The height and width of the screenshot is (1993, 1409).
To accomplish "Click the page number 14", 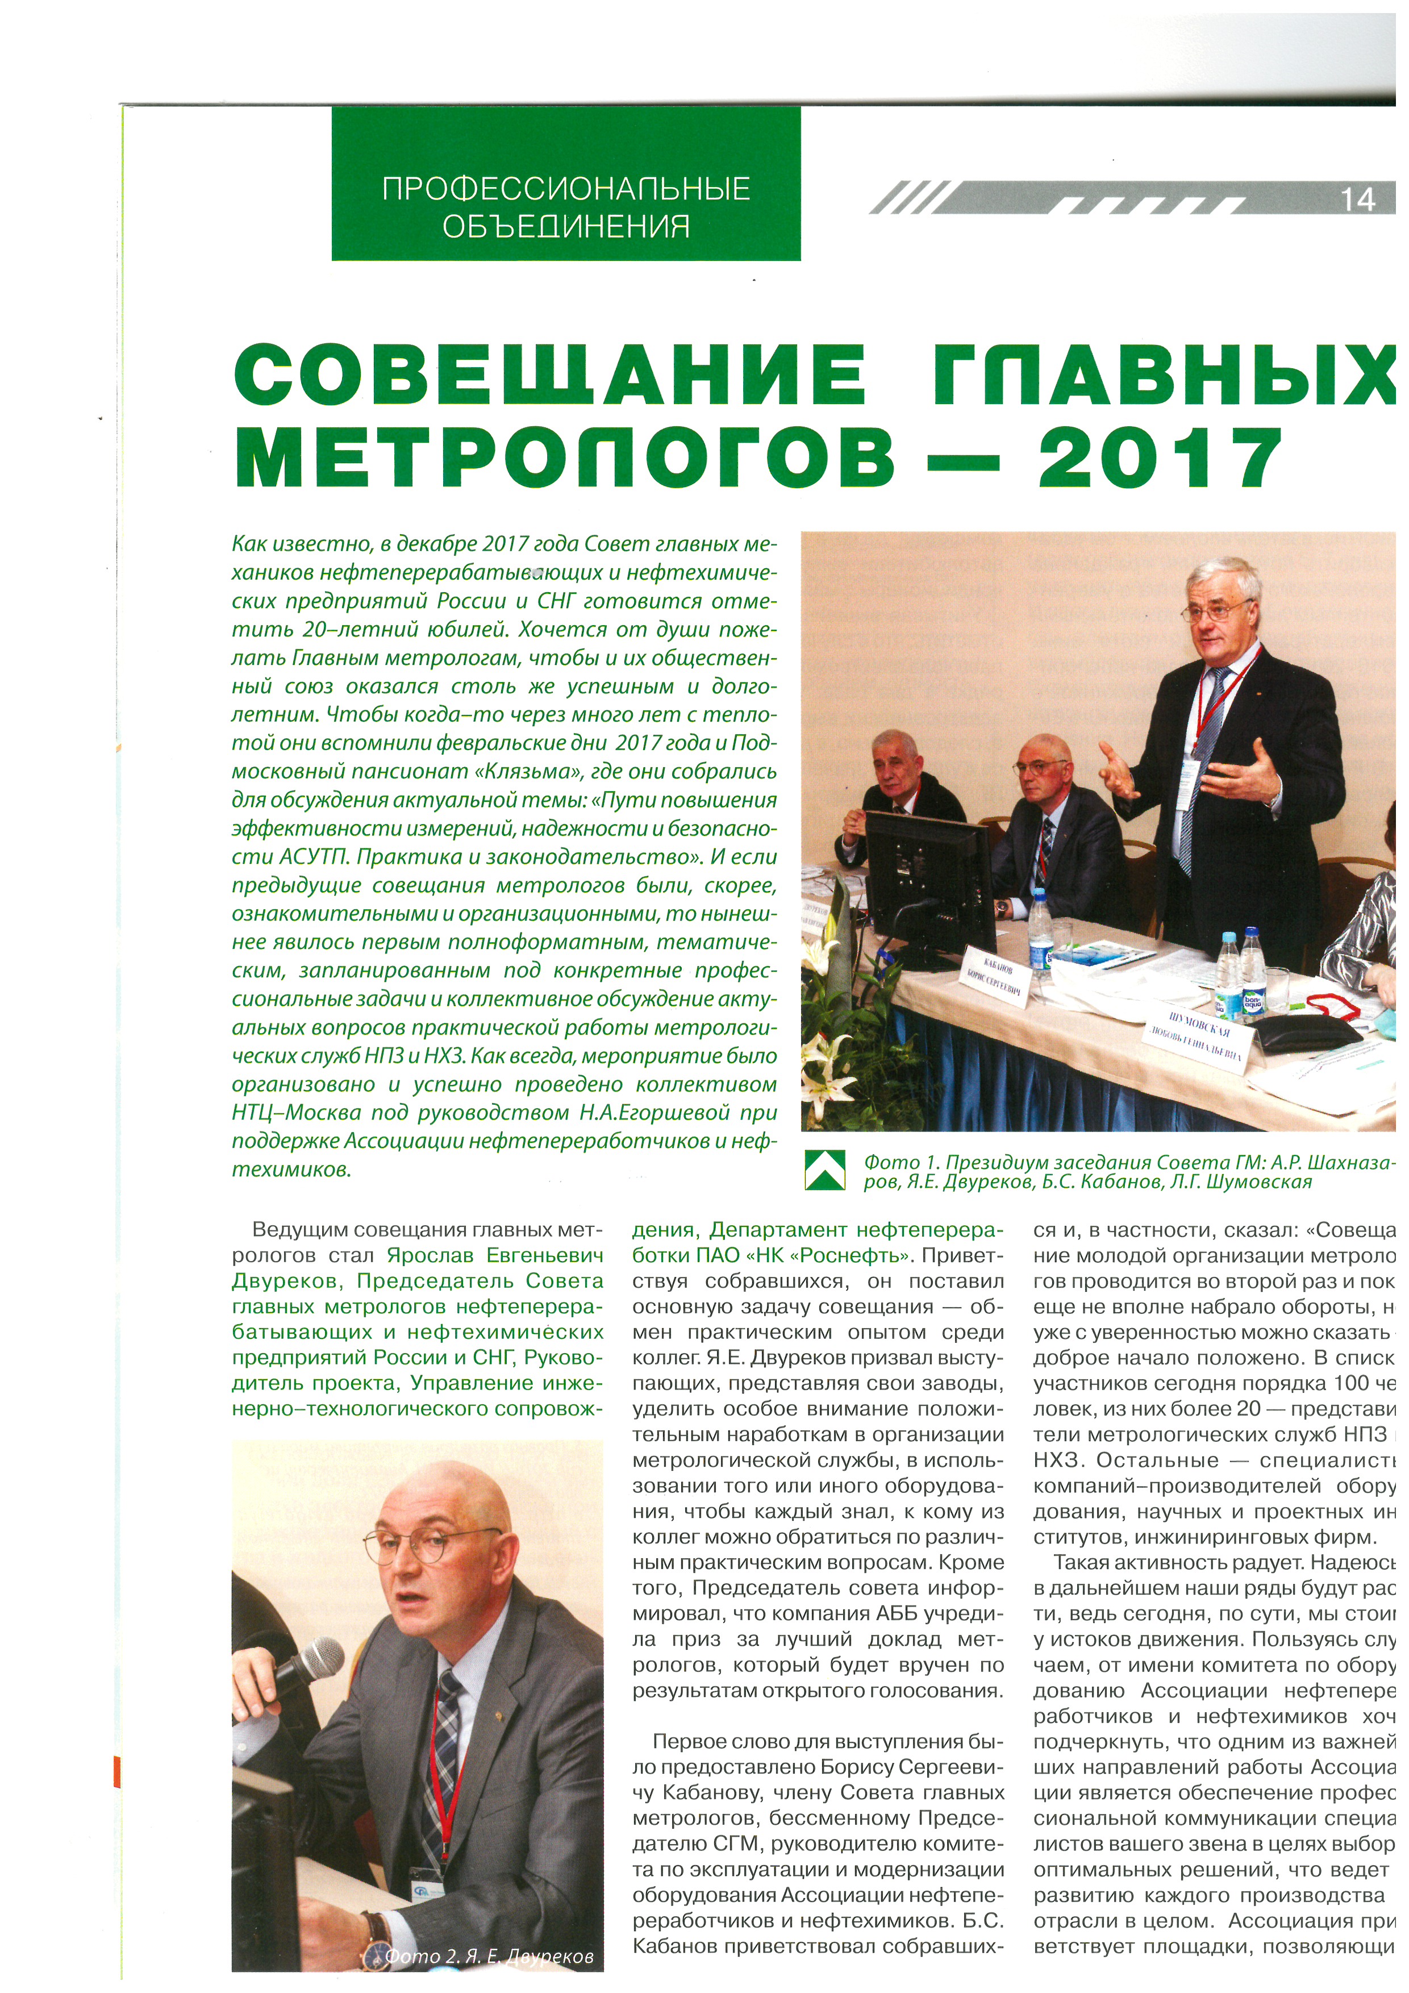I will (x=1358, y=201).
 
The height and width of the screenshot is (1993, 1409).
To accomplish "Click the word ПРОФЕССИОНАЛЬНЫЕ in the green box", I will (x=566, y=189).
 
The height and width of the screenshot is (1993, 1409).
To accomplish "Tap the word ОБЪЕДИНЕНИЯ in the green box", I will (x=566, y=227).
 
